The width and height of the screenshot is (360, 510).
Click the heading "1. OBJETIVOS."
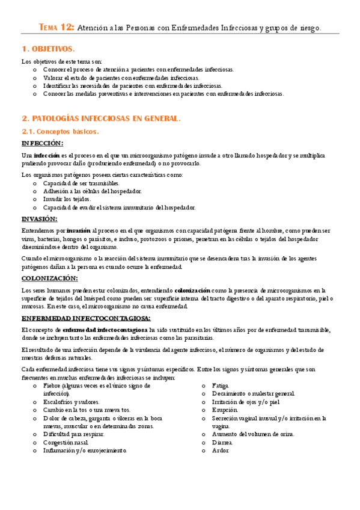coord(47,49)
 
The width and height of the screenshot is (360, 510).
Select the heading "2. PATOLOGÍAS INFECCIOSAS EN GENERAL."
coord(100,118)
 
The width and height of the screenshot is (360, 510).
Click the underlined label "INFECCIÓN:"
coord(42,143)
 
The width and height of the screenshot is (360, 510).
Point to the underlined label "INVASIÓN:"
coord(40,218)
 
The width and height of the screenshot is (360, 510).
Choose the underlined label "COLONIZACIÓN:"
coord(49,278)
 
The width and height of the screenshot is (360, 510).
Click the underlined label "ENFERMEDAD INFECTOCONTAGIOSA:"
coord(86,318)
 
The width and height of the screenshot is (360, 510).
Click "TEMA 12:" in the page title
coord(56,27)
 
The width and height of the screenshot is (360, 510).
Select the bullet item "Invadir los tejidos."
coord(67,199)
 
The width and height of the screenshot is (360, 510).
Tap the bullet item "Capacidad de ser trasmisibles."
coord(81,183)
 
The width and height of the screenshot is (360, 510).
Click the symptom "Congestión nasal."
coord(71,442)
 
